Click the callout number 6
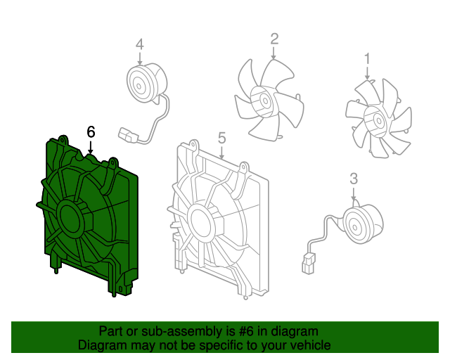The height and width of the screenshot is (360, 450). tap(91, 132)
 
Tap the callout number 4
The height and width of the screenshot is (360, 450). tap(139, 45)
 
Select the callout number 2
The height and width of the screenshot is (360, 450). tap(274, 39)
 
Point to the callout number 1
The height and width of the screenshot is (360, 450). tap(367, 58)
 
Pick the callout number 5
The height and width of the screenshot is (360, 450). tap(222, 138)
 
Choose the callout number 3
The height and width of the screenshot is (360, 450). tap(354, 179)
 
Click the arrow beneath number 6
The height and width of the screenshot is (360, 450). tap(91, 147)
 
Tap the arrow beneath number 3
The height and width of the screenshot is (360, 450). tap(354, 194)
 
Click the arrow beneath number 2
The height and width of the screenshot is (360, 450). tap(274, 53)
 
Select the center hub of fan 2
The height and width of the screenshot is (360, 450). tap(264, 101)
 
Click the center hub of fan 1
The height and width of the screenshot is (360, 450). tap(377, 120)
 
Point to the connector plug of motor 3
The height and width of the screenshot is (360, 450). tap(308, 263)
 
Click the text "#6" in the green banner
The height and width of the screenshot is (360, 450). tap(246, 332)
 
